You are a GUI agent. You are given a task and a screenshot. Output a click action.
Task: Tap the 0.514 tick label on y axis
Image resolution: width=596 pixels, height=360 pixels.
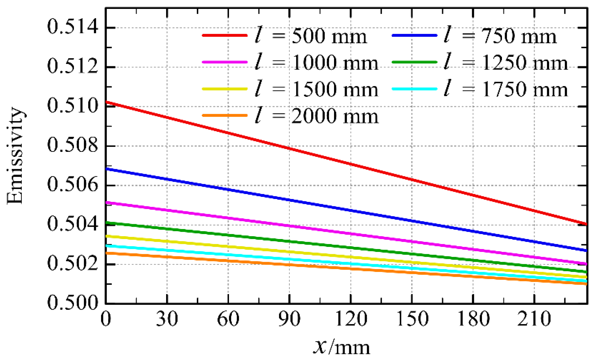click(73, 27)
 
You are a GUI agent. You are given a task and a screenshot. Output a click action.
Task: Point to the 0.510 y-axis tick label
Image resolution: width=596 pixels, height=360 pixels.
click(73, 106)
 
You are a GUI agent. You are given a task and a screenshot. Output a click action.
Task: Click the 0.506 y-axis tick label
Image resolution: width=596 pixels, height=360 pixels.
click(73, 185)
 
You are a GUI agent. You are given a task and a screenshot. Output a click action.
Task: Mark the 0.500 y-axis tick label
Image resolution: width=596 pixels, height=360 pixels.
click(73, 303)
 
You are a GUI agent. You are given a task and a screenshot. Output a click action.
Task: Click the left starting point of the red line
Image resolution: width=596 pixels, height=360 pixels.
click(106, 102)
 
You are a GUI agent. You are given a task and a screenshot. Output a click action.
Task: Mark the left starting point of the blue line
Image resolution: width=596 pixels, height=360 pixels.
click(106, 169)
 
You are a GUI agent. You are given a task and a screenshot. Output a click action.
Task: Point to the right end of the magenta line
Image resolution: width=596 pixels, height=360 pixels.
click(586, 264)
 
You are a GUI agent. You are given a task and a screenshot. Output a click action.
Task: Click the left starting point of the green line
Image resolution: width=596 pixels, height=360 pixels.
click(106, 223)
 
